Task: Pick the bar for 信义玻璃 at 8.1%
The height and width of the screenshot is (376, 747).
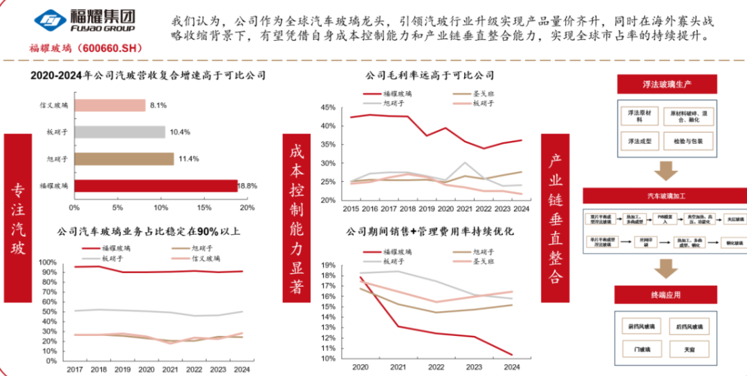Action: tap(109, 106)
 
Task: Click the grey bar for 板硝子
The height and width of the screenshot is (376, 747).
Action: tap(119, 132)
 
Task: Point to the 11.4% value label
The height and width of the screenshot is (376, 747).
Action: tap(190, 159)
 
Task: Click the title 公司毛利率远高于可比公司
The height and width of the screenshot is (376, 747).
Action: tap(430, 75)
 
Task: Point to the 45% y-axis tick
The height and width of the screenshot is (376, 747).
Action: tap(327, 108)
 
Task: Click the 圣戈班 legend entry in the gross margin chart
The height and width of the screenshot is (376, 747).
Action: tap(483, 93)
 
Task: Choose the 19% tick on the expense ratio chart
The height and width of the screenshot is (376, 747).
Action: tap(327, 265)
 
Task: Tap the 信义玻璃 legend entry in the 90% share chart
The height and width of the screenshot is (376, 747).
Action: tap(205, 258)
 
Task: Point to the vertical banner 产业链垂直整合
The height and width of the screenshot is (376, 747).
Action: tap(555, 218)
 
